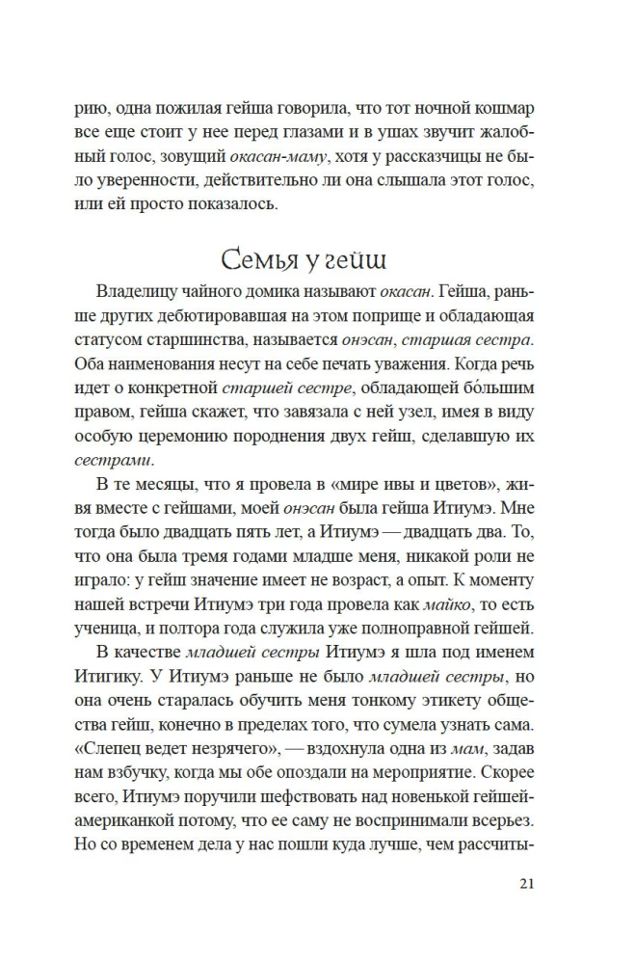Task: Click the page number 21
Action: point(525,885)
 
